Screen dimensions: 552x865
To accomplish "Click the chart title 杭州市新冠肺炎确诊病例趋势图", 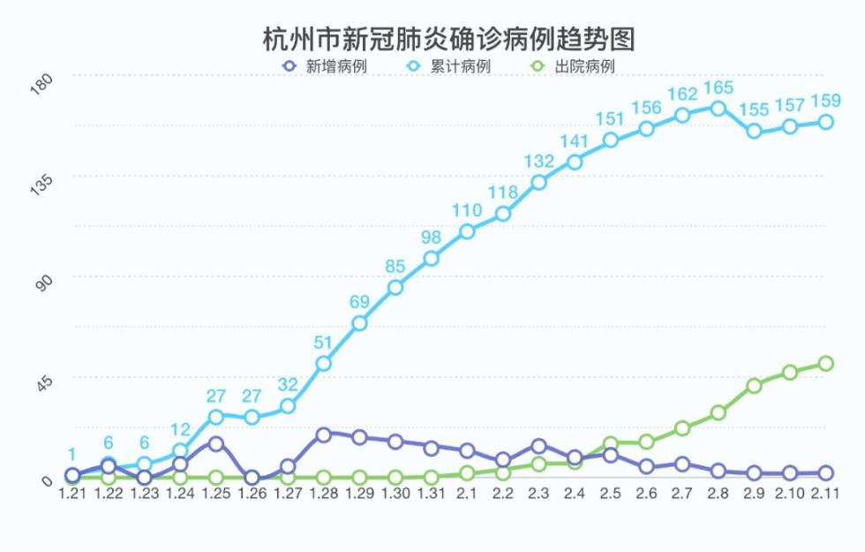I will click(x=449, y=40).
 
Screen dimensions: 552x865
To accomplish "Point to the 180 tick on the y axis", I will click(x=42, y=85).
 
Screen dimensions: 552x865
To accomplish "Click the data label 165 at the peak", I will click(x=718, y=88).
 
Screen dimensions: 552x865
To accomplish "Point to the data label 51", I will click(x=323, y=343).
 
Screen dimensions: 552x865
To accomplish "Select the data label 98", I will click(x=431, y=238).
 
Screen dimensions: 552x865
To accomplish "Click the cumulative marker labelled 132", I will click(x=538, y=182).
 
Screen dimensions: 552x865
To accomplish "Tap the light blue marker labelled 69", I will click(x=359, y=323).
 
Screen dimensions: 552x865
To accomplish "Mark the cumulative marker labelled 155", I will click(x=754, y=131).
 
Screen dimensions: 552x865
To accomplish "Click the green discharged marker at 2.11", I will click(x=825, y=363).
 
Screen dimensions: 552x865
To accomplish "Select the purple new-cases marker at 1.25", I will click(x=215, y=443).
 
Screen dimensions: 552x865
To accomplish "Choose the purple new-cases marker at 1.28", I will click(x=323, y=434).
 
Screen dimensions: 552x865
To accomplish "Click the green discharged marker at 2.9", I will click(x=754, y=386).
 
